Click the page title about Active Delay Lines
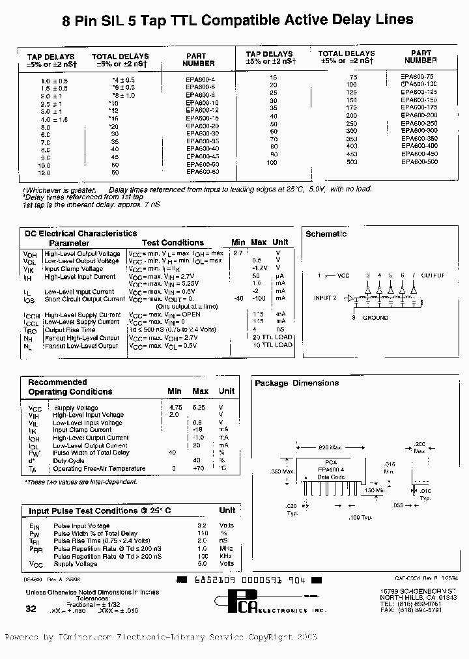point(237,21)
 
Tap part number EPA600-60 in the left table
point(202,173)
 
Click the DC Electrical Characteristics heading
point(81,233)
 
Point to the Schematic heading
point(326,234)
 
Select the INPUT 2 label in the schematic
point(325,298)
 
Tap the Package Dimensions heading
point(296,384)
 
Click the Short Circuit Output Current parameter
point(85,300)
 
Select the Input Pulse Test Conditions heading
point(100,511)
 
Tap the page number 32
point(31,608)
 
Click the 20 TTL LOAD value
point(272,338)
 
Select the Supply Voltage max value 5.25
point(198,408)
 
